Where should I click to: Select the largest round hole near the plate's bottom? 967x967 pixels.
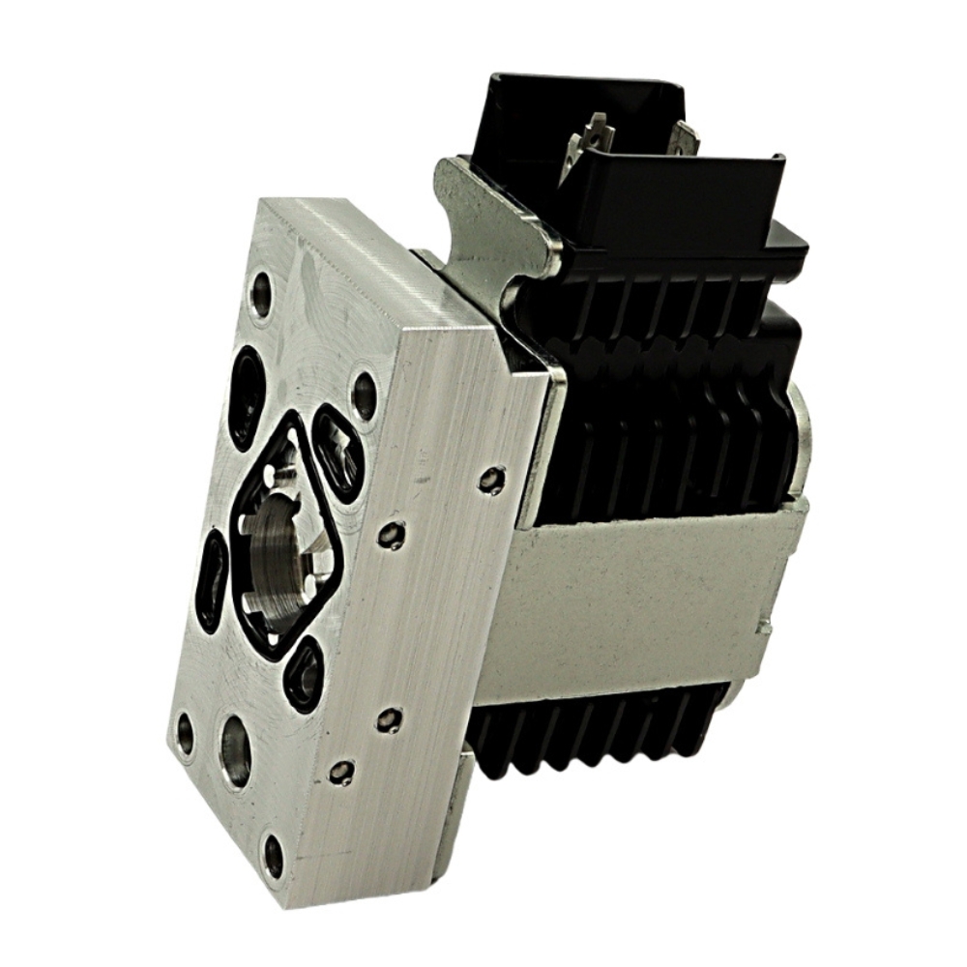(235, 749)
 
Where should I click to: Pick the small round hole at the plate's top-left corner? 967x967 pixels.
(260, 293)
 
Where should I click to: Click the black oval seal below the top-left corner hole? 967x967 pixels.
(247, 396)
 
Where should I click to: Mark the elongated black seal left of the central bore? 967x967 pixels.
(212, 580)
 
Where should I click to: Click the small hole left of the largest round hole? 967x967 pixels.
(185, 732)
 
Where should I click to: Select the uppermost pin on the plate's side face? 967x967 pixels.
(492, 478)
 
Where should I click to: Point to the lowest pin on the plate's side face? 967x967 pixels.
(340, 772)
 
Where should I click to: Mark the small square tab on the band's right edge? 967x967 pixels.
(766, 627)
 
